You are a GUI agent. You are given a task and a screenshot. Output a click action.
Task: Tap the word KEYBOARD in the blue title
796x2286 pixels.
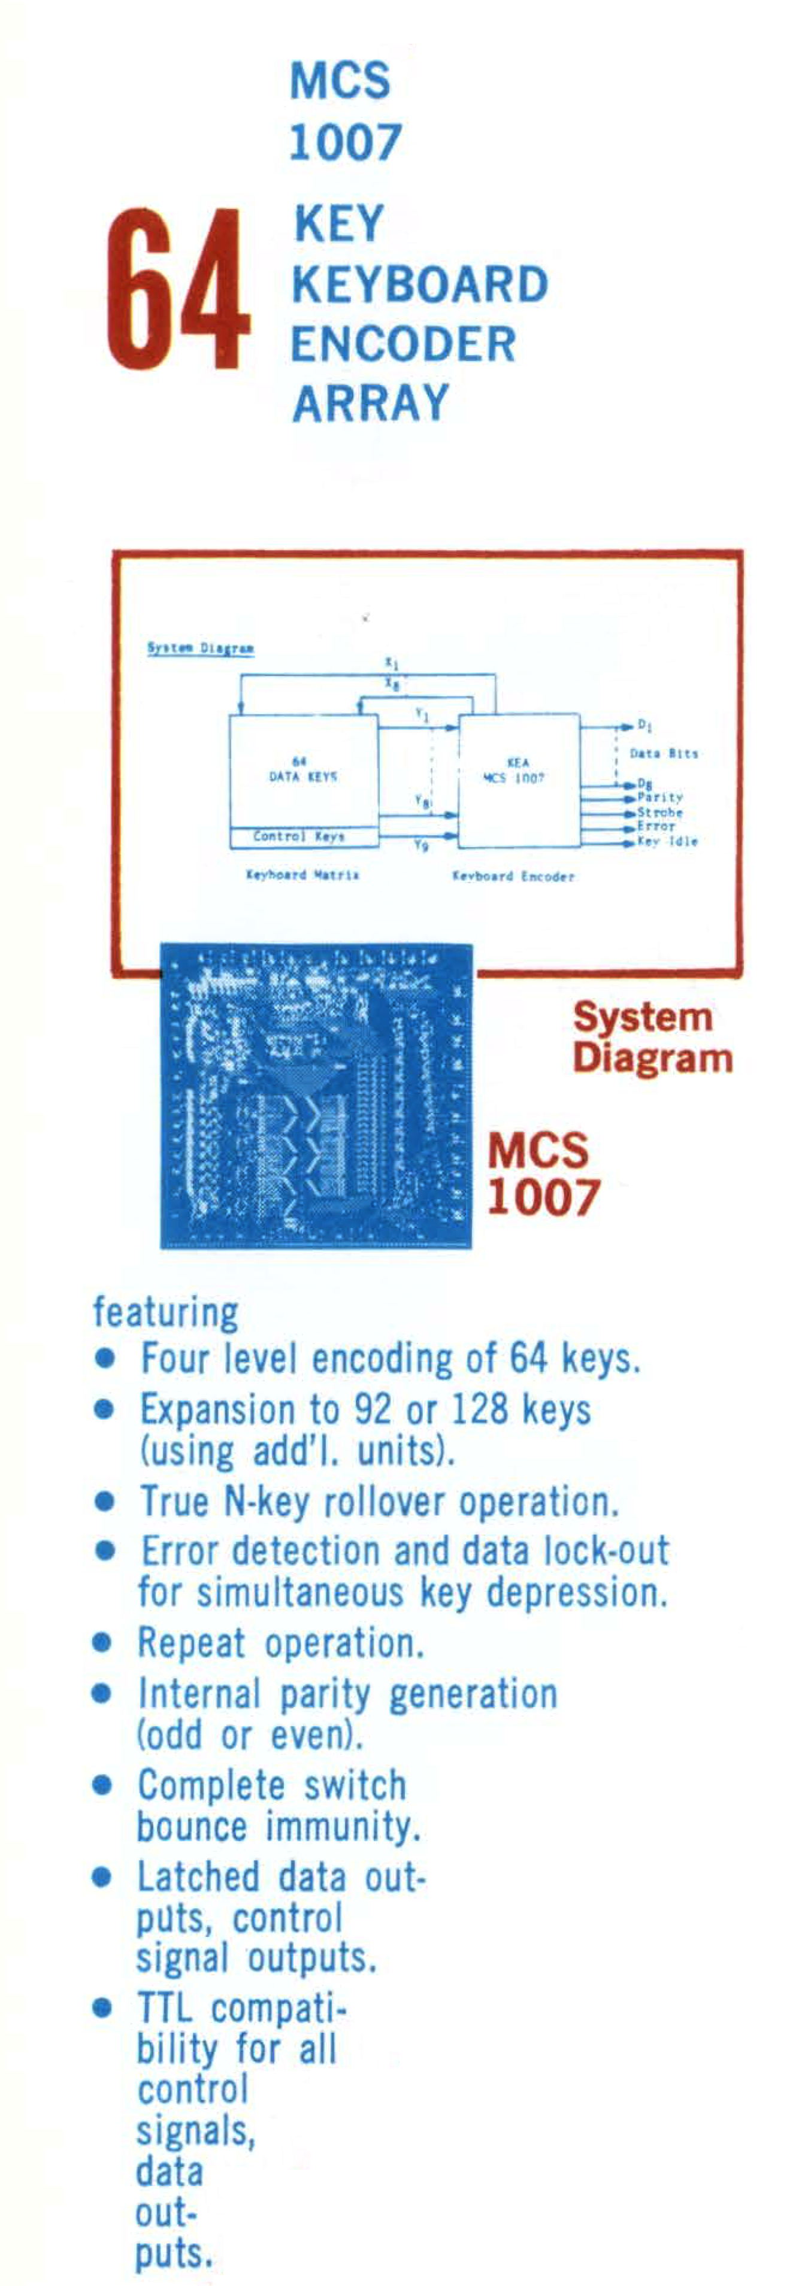(x=419, y=285)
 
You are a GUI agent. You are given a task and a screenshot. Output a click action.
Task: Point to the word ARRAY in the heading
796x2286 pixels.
(x=370, y=404)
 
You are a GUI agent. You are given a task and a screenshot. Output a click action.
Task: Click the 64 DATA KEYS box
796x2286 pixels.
(x=304, y=770)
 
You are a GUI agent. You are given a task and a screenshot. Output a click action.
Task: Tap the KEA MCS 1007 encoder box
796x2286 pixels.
(x=517, y=779)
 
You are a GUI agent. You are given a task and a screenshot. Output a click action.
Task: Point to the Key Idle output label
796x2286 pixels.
(x=667, y=841)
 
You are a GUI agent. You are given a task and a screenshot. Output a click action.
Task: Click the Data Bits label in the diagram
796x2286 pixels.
(x=663, y=753)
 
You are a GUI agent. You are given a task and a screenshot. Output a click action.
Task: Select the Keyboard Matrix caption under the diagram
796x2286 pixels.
(x=302, y=875)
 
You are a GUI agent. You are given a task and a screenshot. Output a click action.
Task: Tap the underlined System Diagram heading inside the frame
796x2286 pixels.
(x=201, y=648)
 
